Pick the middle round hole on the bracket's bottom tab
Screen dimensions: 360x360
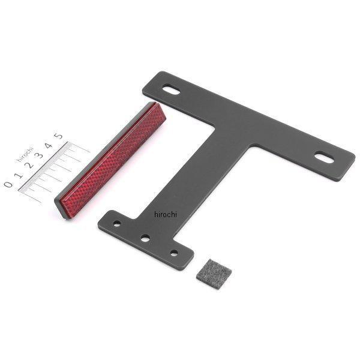point(145,238)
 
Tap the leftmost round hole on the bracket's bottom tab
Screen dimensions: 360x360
point(117,223)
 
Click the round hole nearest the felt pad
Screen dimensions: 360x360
point(173,253)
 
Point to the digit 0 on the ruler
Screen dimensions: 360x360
point(8,184)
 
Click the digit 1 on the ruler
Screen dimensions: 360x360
point(18,175)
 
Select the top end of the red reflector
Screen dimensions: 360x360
point(153,108)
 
